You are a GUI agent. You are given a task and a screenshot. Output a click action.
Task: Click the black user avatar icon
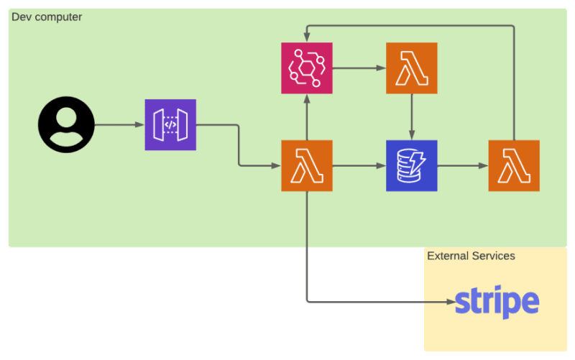pos(66,124)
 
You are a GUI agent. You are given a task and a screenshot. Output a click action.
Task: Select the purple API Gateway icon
pos(170,124)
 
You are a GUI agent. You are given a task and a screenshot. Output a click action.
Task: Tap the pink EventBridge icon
pos(307,68)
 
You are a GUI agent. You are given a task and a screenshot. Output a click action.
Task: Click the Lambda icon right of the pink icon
pos(411,68)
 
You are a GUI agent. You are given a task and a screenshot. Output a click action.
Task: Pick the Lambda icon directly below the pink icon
pos(307,166)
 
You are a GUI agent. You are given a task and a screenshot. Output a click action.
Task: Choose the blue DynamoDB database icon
pos(411,166)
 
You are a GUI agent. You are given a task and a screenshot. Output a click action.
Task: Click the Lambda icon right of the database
pos(514,166)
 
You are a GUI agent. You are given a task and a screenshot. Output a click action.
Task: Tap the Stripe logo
pos(497,302)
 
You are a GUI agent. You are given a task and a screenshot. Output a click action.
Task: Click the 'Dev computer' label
pos(47,17)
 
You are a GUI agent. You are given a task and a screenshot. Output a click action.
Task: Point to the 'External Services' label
pos(471,256)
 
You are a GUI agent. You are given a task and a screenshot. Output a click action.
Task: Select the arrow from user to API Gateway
pos(119,124)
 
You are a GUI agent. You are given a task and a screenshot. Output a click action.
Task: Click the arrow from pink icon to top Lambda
pos(359,68)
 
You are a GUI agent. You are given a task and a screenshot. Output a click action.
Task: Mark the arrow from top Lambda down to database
pos(411,117)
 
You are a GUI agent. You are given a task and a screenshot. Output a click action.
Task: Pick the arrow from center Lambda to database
pos(359,166)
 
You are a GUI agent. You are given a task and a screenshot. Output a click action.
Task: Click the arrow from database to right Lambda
pos(463,166)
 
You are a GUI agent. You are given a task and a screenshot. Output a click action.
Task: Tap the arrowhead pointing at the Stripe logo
pos(451,302)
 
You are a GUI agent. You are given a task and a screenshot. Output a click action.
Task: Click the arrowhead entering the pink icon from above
pos(307,37)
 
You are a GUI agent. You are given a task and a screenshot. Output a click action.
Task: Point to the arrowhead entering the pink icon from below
pos(307,99)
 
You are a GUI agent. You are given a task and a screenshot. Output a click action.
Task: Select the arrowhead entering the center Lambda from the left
pos(276,166)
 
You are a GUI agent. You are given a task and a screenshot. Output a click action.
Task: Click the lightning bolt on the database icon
pos(418,163)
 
